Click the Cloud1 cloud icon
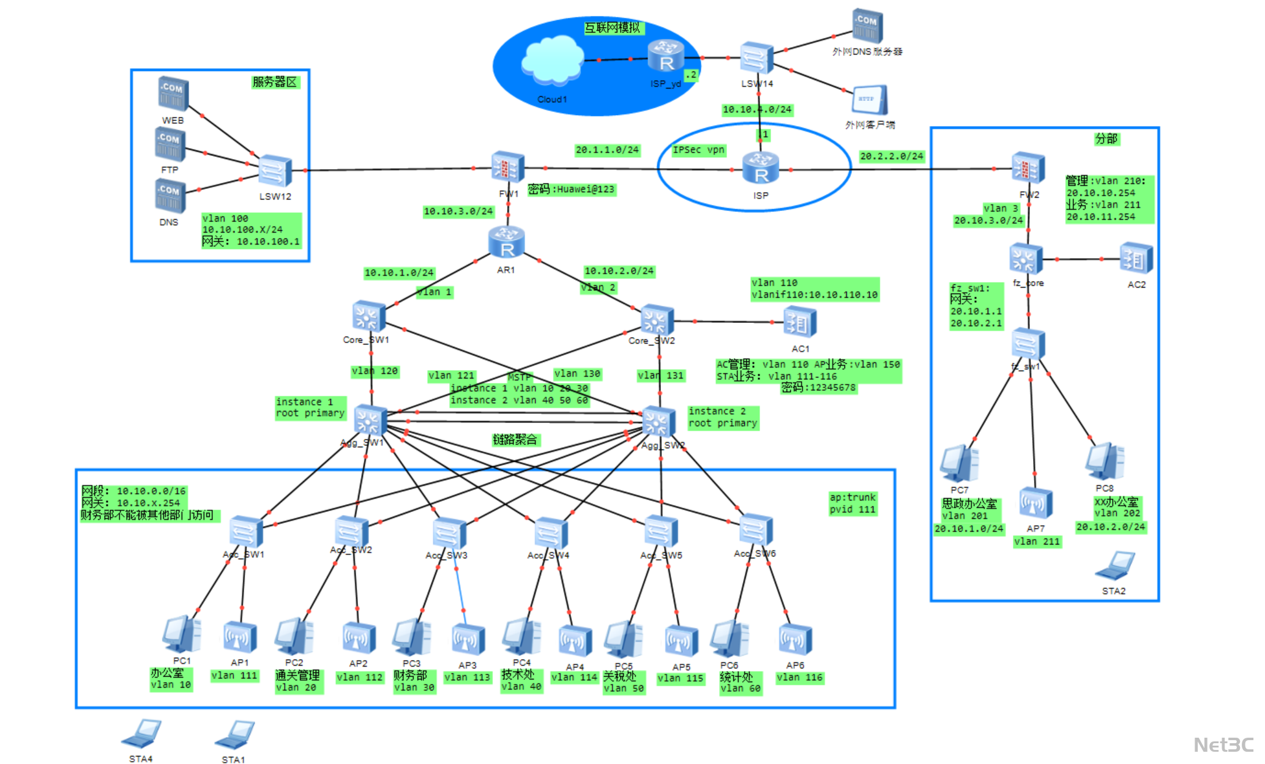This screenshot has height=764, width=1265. click(552, 60)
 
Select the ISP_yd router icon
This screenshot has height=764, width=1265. click(666, 57)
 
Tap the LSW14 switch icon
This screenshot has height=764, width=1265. click(756, 59)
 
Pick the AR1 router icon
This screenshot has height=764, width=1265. click(506, 243)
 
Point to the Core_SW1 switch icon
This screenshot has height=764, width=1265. click(368, 317)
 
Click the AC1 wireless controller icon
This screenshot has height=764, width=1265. click(799, 322)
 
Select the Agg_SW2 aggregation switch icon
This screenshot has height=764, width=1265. click(659, 422)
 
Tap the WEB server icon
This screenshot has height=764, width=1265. click(173, 94)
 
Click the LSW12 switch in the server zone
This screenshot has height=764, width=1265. click(275, 171)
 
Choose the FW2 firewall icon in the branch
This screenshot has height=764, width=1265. click(1028, 168)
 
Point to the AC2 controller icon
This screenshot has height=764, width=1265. click(1136, 259)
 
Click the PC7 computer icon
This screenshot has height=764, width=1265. click(959, 463)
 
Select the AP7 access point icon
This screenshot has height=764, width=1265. click(1035, 503)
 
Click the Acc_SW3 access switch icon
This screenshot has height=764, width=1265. click(449, 533)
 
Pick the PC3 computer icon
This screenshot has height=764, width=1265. click(412, 637)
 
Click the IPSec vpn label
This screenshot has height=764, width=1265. click(698, 150)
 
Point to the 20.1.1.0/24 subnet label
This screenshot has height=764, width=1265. click(606, 150)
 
